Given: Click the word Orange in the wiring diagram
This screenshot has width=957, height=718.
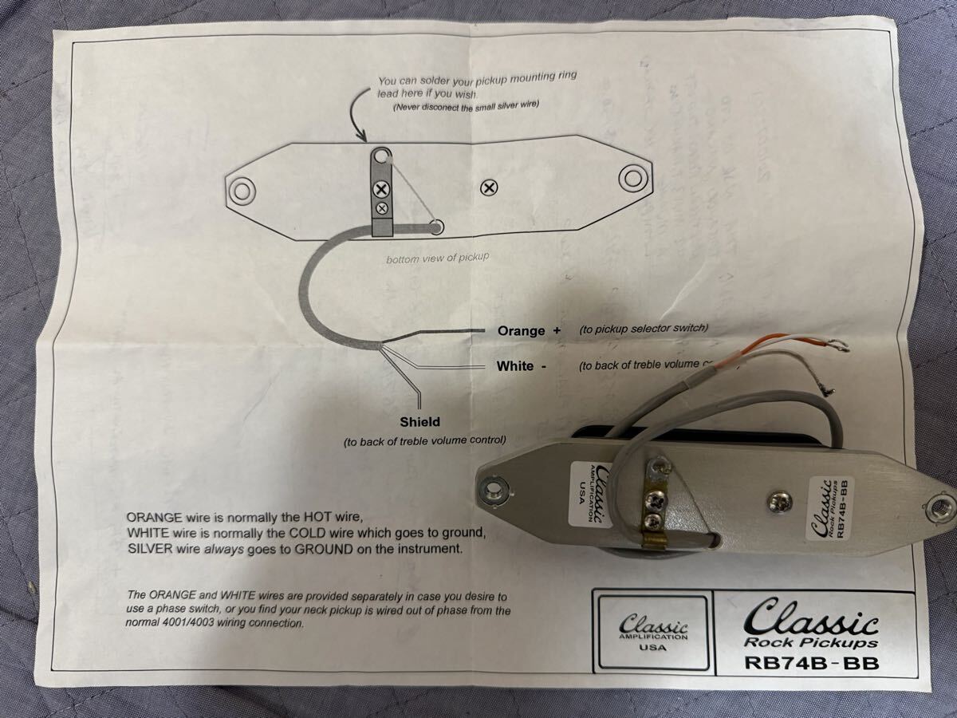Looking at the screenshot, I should [x=522, y=330].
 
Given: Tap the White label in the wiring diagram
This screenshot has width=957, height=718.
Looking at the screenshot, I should [x=515, y=366].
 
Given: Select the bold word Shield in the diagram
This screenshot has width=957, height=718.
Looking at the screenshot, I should [x=419, y=421].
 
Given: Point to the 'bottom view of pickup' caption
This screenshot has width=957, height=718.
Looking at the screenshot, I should [x=437, y=258].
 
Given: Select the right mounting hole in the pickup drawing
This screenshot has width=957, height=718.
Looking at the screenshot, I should [x=632, y=176].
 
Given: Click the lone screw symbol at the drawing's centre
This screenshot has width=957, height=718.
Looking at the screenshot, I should [x=489, y=188].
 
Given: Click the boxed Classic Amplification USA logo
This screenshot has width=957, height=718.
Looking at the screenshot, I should [x=653, y=630].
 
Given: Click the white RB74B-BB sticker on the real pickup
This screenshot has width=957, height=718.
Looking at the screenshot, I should [x=829, y=507].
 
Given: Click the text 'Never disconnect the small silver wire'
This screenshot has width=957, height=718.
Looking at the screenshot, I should [x=472, y=106].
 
